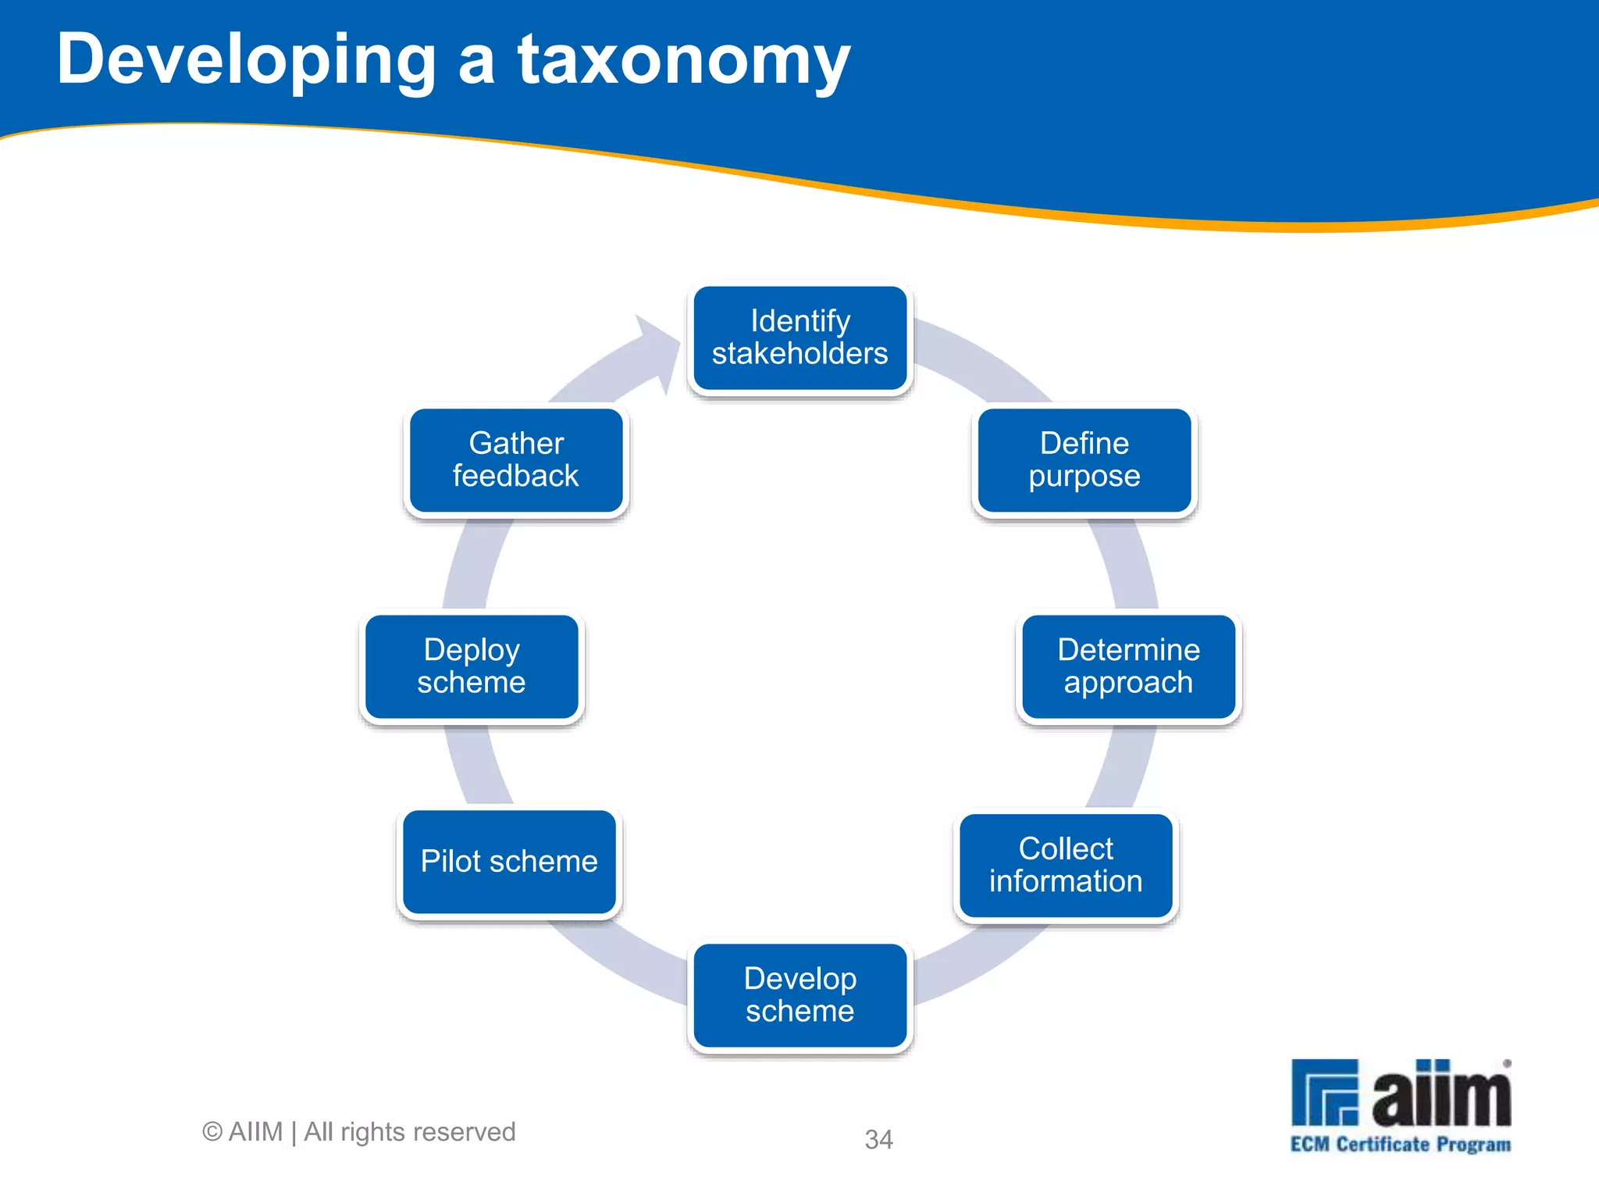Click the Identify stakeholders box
tap(800, 337)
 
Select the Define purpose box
tap(1084, 460)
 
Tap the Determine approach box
tap(1128, 666)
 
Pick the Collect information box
tap(1066, 866)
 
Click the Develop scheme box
tap(800, 995)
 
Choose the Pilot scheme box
tap(509, 862)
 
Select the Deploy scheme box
tap(472, 666)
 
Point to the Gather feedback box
tap(516, 460)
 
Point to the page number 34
tap(878, 1140)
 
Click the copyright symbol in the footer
tap(212, 1132)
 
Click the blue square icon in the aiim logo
tap(1324, 1092)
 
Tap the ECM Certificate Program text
tap(1400, 1145)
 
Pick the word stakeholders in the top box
tap(800, 354)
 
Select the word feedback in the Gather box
tap(516, 477)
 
